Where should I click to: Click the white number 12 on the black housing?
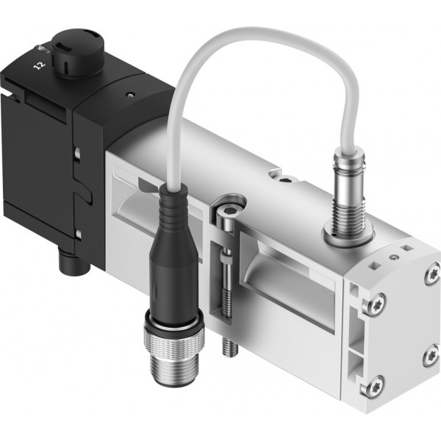point(40,65)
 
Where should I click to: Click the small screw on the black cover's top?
point(129,94)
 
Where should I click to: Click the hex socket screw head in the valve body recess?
point(226,215)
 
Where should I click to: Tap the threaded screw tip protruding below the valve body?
point(230,347)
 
